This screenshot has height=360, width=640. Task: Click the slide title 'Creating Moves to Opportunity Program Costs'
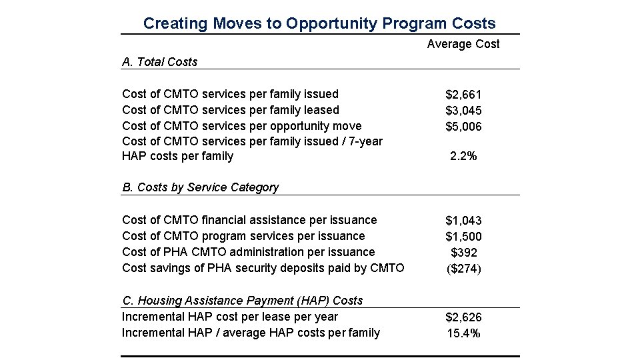coord(319,23)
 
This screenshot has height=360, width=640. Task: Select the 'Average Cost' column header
coord(463,45)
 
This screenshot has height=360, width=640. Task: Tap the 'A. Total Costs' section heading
coord(160,62)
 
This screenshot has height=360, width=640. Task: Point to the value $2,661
coord(463,95)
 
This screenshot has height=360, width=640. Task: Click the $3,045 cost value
coord(463,111)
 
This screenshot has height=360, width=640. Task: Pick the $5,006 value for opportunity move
coord(463,127)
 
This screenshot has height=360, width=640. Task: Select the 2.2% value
coord(463,157)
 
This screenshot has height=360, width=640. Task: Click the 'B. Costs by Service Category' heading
coord(201,187)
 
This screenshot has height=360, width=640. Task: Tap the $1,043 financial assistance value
coord(463,221)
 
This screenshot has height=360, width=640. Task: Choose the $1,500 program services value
coord(463,237)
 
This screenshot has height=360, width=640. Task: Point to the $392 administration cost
coord(463,253)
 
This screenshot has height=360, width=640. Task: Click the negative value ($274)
coord(463,269)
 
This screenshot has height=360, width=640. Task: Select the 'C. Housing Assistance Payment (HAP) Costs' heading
coord(243,301)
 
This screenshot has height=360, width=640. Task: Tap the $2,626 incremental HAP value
coord(463,317)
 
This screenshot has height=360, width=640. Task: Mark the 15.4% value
coord(463,333)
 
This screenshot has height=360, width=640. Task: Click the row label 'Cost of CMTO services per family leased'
coord(231,110)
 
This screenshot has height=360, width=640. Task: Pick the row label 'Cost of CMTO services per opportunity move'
coord(242,126)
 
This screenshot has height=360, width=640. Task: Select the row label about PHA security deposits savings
coord(263,268)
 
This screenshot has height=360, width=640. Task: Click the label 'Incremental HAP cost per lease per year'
coord(230,317)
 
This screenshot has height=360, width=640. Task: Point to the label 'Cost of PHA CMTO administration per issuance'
coord(249,252)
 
